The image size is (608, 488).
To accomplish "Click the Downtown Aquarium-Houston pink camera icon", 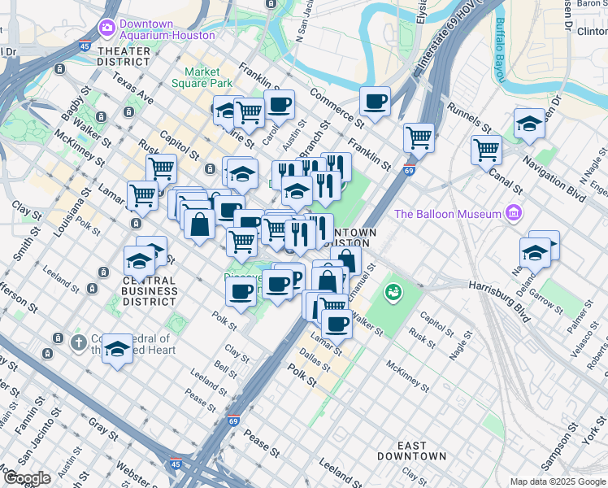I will (106, 28).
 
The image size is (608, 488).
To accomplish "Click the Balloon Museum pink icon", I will (512, 214).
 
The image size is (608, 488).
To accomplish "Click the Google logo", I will (27, 478).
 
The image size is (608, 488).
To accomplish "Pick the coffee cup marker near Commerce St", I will (375, 102).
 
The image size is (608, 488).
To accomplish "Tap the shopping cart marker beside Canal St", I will (486, 149).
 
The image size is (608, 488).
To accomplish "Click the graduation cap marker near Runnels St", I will (529, 124).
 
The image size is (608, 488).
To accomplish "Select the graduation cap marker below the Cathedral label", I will (118, 350).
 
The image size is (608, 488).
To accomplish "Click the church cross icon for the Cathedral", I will (78, 342).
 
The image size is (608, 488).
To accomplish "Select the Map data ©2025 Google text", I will (557, 481).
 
